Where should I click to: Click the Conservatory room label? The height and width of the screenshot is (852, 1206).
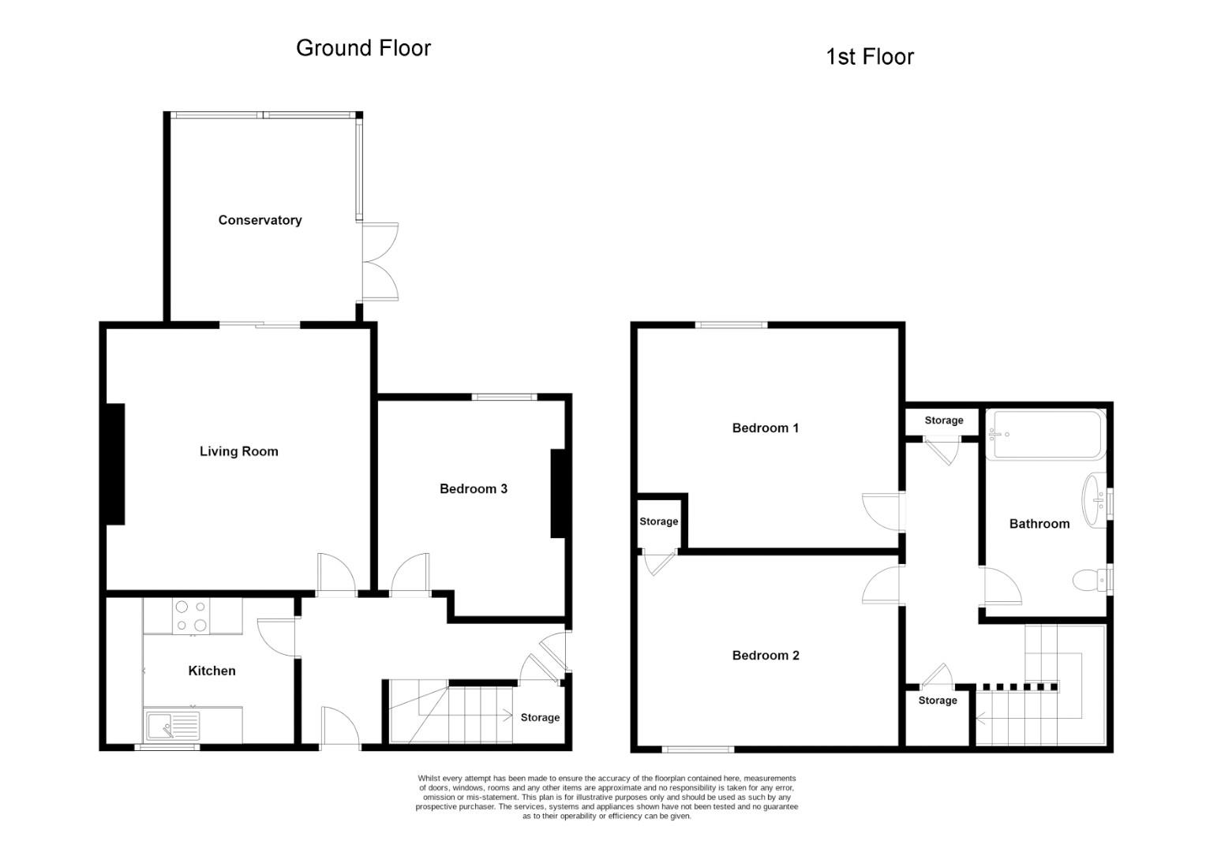260,220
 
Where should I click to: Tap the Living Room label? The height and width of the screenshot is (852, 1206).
238,451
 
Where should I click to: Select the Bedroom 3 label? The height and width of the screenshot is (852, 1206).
473,488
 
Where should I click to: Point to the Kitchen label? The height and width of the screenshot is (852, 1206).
212,671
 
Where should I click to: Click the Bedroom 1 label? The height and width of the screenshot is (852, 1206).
765,428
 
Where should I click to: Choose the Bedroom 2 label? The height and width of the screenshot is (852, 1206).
765,655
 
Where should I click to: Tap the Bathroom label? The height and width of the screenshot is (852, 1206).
1039,523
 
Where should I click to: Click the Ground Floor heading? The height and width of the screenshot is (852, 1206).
363,48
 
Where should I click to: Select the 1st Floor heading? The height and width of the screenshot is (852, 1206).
869,57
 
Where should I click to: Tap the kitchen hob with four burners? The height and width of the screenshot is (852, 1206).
191,615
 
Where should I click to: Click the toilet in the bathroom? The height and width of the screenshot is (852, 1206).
1089,581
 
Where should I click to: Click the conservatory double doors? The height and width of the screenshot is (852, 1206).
380,262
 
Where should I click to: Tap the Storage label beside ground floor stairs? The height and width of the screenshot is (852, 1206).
540,717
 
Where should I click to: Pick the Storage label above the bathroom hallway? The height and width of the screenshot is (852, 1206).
943,420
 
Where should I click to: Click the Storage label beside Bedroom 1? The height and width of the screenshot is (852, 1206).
658,521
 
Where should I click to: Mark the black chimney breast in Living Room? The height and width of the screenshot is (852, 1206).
115,464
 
